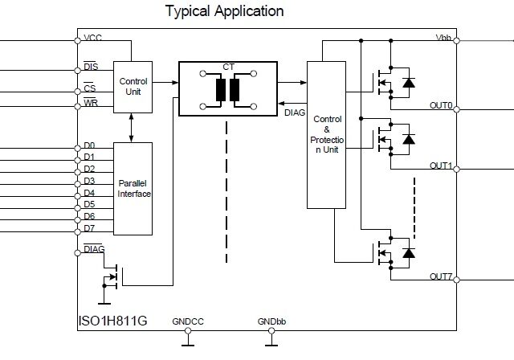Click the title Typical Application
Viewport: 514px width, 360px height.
click(224, 11)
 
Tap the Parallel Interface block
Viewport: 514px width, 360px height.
click(133, 189)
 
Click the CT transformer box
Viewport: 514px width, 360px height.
click(226, 88)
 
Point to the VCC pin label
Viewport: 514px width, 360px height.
click(92, 39)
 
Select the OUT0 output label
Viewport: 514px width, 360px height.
click(441, 104)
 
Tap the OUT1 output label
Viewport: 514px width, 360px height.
click(441, 166)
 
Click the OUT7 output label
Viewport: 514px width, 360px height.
click(441, 276)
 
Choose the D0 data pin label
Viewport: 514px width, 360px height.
click(89, 145)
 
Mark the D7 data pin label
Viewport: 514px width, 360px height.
click(89, 229)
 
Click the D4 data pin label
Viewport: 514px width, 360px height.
click(89, 193)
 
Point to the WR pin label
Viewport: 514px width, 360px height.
click(91, 104)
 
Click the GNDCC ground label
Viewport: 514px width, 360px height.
click(188, 322)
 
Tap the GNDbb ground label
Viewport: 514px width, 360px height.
click(269, 322)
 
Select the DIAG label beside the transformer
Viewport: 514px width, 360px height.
click(295, 113)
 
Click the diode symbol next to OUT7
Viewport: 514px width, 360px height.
click(409, 253)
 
